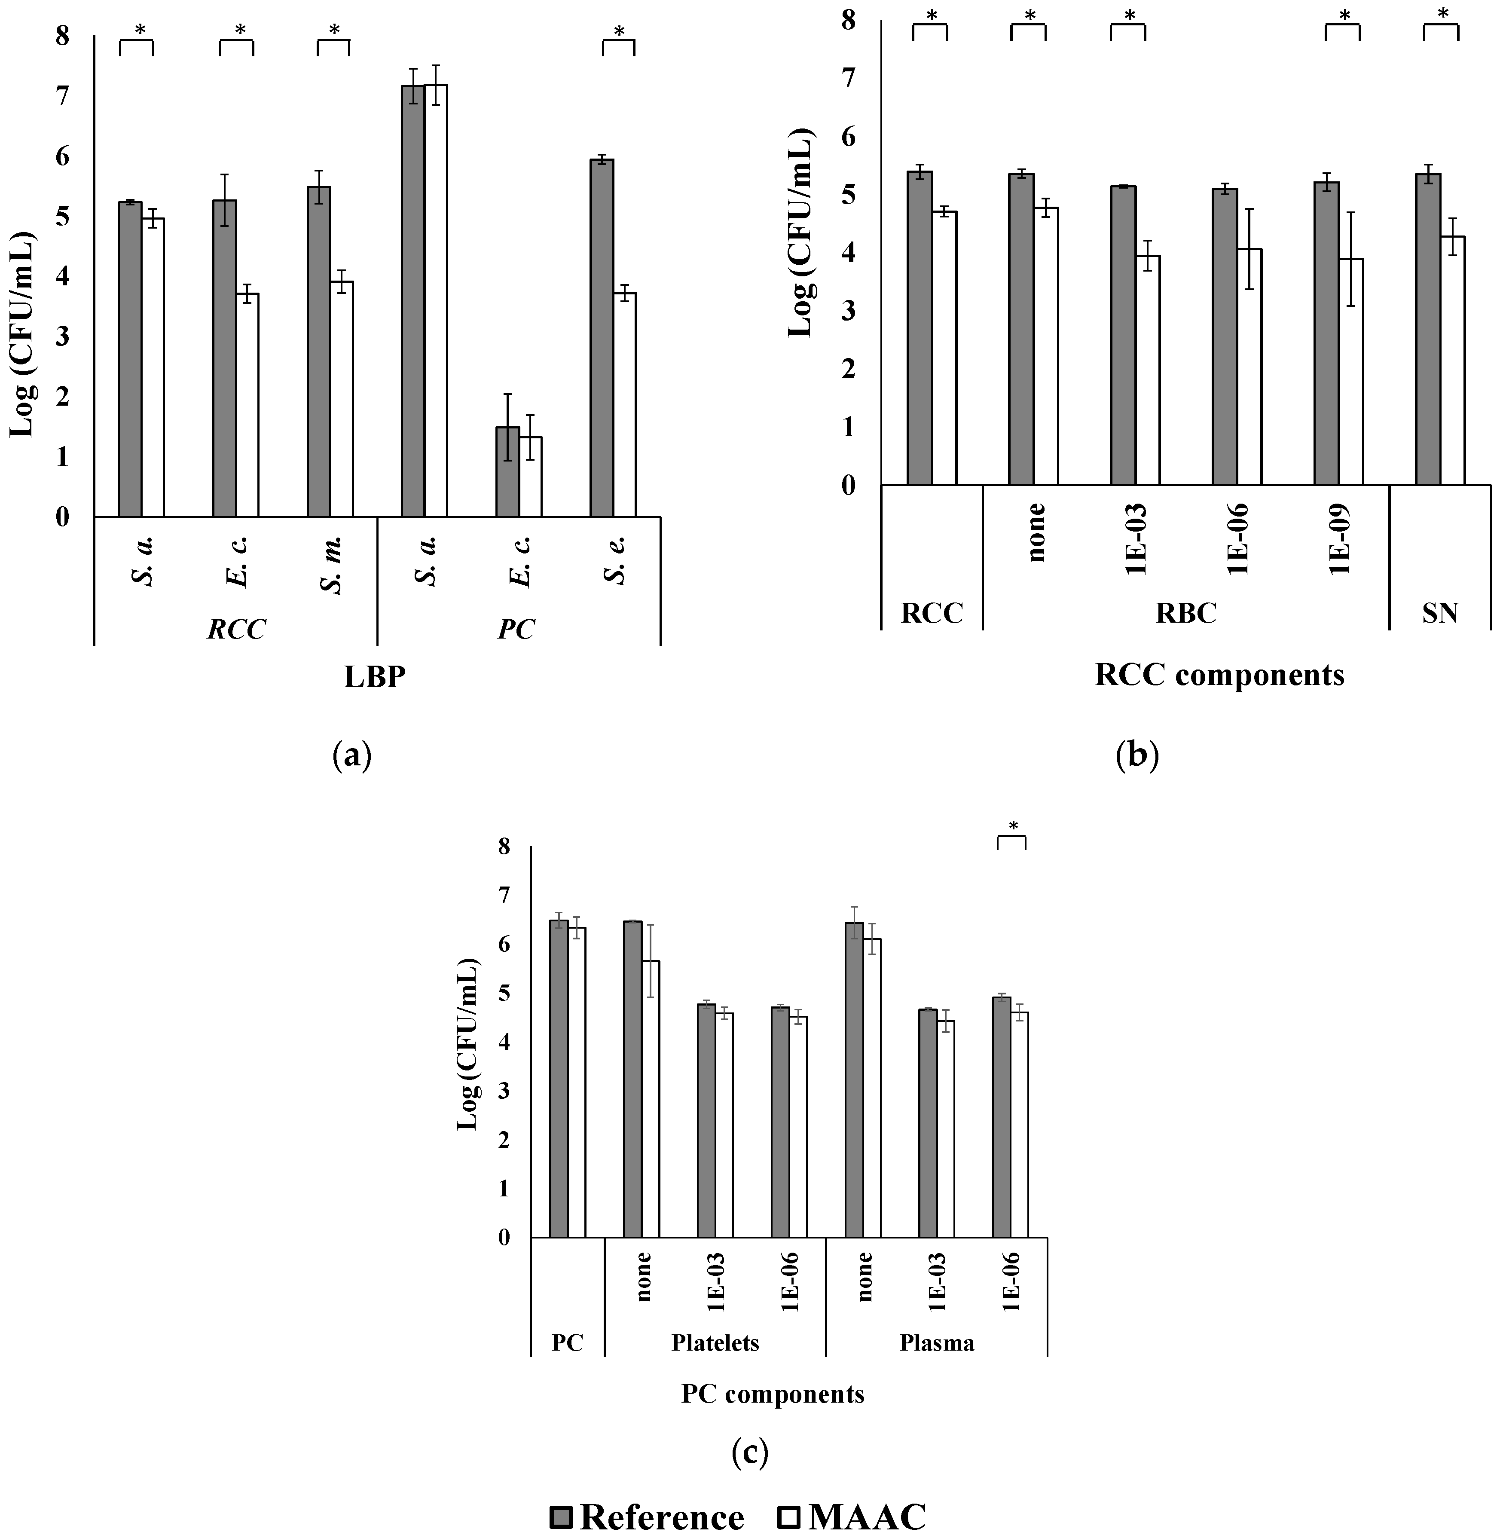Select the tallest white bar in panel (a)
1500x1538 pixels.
pos(436,300)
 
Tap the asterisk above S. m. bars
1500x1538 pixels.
pos(334,30)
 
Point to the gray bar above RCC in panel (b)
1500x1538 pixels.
pos(920,327)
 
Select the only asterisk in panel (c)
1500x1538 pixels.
pos(1013,826)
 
